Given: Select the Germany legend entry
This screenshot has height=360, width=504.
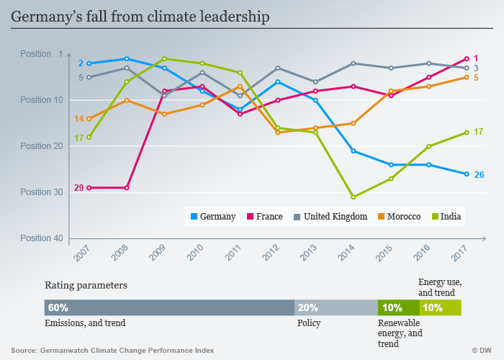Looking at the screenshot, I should (212, 216).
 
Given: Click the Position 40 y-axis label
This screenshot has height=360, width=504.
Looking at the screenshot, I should (42, 238).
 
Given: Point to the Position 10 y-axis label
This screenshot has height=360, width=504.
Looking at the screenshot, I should (42, 100).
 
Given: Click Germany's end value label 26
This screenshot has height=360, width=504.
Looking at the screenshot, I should (479, 175).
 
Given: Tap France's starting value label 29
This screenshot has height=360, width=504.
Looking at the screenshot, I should (79, 188).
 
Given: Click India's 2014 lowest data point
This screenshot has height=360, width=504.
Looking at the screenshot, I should (354, 197).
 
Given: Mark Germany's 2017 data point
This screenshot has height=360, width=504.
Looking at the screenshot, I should (467, 174).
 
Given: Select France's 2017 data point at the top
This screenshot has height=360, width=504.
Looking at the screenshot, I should (467, 58).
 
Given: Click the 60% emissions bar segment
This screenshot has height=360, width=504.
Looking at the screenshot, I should (169, 307).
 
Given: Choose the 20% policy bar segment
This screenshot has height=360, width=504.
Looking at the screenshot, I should (336, 307).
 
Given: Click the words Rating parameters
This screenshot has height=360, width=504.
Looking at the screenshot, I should (86, 285).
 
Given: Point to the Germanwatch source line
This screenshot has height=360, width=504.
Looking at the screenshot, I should (112, 350).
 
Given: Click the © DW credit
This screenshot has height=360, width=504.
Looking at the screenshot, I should (482, 350).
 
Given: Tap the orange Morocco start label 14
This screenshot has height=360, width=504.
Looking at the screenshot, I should (79, 119).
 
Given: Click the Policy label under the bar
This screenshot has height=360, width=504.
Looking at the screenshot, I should (309, 323).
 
